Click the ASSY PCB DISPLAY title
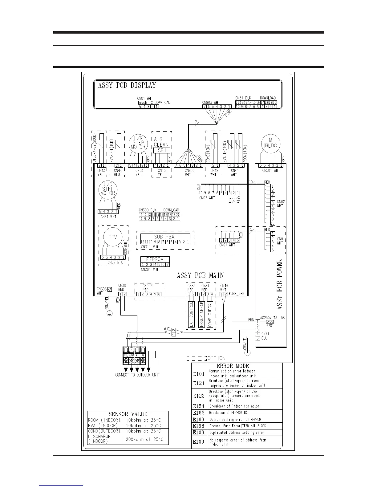pyautogui.click(x=127, y=85)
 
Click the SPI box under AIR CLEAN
pyautogui.click(x=161, y=150)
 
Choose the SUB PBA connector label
pyautogui.click(x=164, y=237)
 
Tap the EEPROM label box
pyautogui.click(x=155, y=259)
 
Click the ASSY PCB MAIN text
pyautogui.click(x=200, y=275)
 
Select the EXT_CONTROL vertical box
pyautogui.click(x=191, y=314)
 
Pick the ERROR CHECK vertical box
pyautogui.click(x=201, y=314)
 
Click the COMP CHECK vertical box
pyautogui.click(x=210, y=314)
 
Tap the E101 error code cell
pyautogui.click(x=199, y=374)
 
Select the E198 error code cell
pyautogui.click(x=199, y=426)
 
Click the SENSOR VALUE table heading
pyautogui.click(x=128, y=414)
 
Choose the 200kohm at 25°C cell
pyautogui.click(x=145, y=439)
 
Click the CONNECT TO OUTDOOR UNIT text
pyautogui.click(x=137, y=375)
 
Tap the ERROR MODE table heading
pyautogui.click(x=237, y=366)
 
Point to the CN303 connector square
pyautogui.click(x=109, y=290)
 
